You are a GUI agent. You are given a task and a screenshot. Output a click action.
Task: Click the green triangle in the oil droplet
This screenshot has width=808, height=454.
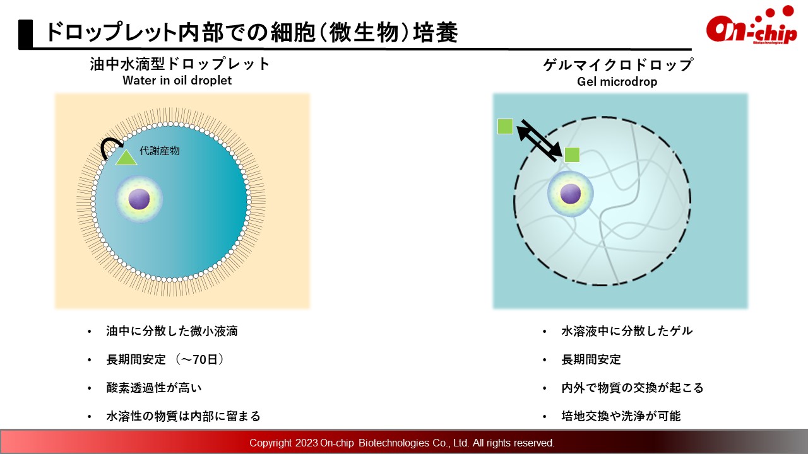pos(126,158)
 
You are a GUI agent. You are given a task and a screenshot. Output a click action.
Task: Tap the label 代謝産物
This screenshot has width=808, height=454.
pos(160,151)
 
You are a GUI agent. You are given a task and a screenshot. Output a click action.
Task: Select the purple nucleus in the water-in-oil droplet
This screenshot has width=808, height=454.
pos(139,199)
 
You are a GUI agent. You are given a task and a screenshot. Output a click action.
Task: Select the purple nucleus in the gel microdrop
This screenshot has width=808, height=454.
pos(570,194)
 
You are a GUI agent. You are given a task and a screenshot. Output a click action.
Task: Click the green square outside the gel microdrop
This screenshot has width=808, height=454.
pos(505,127)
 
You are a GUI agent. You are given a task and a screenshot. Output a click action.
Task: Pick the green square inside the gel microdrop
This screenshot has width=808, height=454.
pos(572,155)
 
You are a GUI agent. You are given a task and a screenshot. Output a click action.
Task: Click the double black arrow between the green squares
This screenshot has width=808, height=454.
pos(539,141)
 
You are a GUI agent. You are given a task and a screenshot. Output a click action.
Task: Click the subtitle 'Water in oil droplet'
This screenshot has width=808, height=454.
pos(177,80)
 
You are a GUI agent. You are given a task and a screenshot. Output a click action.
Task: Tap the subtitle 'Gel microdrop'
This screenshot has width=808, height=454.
pos(617,81)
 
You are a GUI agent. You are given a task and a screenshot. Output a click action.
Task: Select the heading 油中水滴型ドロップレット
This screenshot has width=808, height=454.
pos(180,64)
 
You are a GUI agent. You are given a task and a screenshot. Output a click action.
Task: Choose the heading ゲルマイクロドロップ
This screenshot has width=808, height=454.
pos(617,65)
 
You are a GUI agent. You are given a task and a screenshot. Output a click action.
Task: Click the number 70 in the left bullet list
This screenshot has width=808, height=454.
pos(201,359)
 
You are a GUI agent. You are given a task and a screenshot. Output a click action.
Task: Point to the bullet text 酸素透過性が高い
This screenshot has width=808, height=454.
pos(154,388)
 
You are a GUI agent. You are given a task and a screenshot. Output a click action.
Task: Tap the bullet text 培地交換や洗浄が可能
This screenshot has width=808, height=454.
pos(621,416)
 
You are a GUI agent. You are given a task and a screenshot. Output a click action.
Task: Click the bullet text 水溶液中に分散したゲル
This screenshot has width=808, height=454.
pos(627,331)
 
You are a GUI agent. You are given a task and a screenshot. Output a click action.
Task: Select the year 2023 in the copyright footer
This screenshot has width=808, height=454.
pos(306,443)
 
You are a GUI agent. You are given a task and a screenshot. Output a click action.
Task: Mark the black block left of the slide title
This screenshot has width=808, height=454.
pos(26,34)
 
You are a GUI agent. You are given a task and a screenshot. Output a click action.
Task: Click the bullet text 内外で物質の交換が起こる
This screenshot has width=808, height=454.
pos(633,388)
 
